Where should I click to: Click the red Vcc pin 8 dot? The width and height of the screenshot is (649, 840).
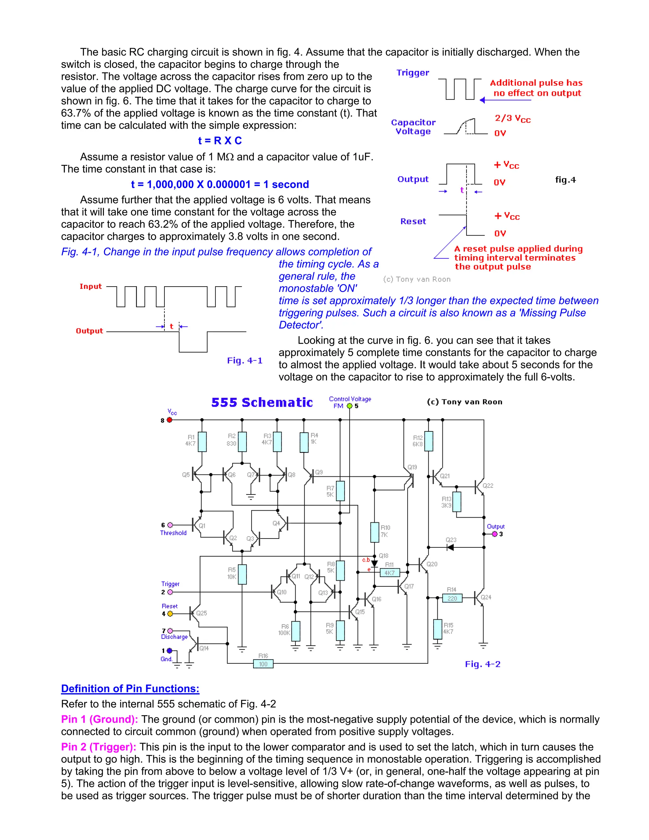(170, 420)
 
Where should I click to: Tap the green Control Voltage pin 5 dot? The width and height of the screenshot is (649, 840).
(350, 406)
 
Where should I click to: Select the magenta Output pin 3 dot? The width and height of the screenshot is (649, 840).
(495, 534)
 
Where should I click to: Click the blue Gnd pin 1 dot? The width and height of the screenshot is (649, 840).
(170, 650)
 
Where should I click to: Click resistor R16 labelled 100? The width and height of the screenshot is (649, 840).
(263, 663)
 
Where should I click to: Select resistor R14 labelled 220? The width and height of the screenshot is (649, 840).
(452, 598)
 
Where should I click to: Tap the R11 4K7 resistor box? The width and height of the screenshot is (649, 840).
(389, 573)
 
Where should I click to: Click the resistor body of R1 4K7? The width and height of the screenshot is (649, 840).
(202, 442)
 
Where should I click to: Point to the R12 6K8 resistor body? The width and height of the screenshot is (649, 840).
(428, 441)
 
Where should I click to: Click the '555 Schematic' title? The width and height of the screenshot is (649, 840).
(262, 402)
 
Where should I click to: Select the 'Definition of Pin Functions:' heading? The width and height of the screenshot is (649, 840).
(130, 688)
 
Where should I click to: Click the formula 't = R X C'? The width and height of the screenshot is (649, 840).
(220, 141)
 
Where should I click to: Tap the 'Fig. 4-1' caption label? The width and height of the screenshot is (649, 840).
(245, 360)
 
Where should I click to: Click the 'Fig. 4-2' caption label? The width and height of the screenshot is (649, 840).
(483, 664)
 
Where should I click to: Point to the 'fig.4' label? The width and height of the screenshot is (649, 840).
(565, 180)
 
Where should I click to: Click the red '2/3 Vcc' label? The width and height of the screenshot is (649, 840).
(512, 119)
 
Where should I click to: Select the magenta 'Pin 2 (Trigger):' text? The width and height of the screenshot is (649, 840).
(99, 747)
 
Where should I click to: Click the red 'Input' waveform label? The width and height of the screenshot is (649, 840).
(90, 286)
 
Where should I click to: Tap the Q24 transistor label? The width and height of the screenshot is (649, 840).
(486, 597)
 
